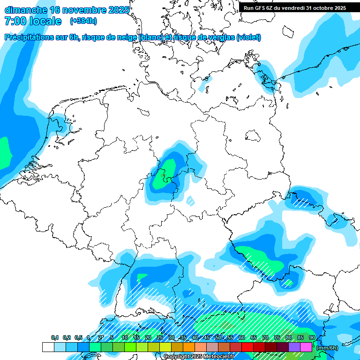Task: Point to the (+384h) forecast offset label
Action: click(x=83, y=21)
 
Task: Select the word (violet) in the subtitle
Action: click(x=248, y=37)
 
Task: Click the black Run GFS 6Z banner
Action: click(x=295, y=7)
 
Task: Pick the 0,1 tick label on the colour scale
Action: click(x=55, y=338)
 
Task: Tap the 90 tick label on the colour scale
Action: click(x=312, y=338)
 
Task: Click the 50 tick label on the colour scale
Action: click(x=218, y=338)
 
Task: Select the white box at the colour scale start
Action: click(x=48, y=347)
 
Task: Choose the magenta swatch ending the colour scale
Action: click(x=306, y=347)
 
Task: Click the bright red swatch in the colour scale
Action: click(x=247, y=347)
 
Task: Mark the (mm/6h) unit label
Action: click(x=327, y=348)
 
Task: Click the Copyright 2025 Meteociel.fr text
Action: click(x=199, y=357)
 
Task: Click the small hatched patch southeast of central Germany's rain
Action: click(x=190, y=201)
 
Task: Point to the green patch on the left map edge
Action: click(x=4, y=152)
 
